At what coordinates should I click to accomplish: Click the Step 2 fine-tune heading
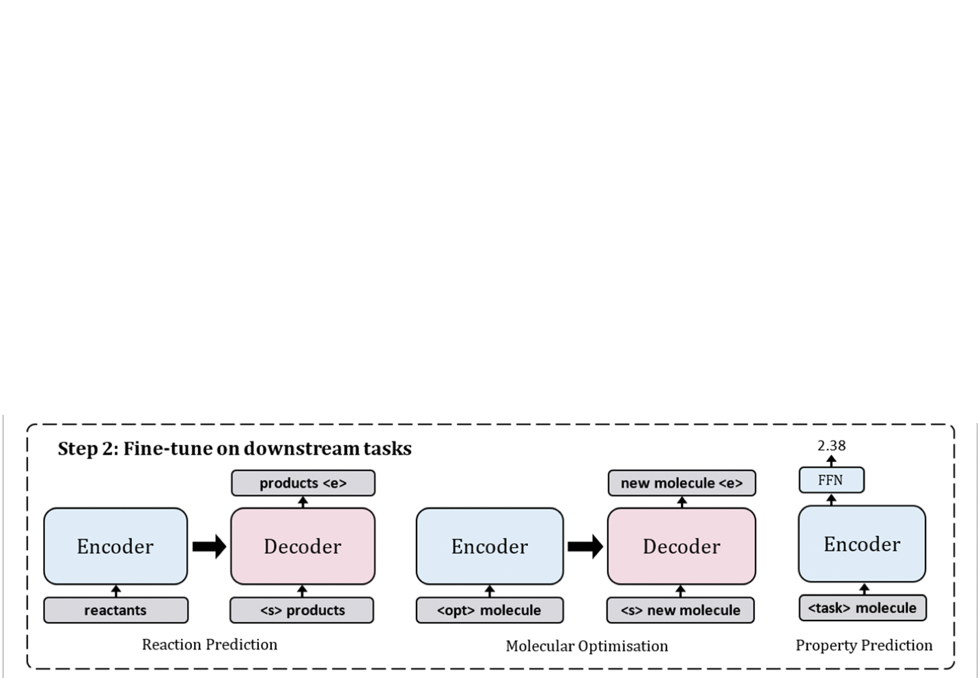[x=234, y=449]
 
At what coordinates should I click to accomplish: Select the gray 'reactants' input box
[x=115, y=610]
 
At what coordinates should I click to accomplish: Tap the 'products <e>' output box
[x=303, y=483]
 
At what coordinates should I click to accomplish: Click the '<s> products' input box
[x=302, y=610]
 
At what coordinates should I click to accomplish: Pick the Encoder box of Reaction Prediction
[x=115, y=546]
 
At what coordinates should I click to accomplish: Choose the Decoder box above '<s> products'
[x=303, y=546]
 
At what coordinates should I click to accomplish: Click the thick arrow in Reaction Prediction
[x=209, y=546]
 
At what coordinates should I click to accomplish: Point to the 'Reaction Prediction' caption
[x=209, y=645]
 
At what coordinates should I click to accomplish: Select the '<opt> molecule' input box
[x=490, y=610]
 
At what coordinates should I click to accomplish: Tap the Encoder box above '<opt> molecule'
[x=490, y=546]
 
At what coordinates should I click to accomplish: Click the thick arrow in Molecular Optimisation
[x=585, y=546]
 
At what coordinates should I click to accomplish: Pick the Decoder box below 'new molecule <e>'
[x=681, y=546]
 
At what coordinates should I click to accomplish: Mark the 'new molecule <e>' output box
[x=681, y=483]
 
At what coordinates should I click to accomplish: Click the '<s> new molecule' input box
[x=680, y=610]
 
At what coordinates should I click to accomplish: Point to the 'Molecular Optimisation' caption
[x=587, y=646]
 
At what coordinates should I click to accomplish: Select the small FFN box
[x=831, y=480]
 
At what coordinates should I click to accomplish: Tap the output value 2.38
[x=831, y=446]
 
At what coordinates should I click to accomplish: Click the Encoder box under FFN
[x=862, y=544]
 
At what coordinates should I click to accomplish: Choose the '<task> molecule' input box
[x=863, y=608]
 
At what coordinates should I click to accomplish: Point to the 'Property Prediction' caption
[x=864, y=645]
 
